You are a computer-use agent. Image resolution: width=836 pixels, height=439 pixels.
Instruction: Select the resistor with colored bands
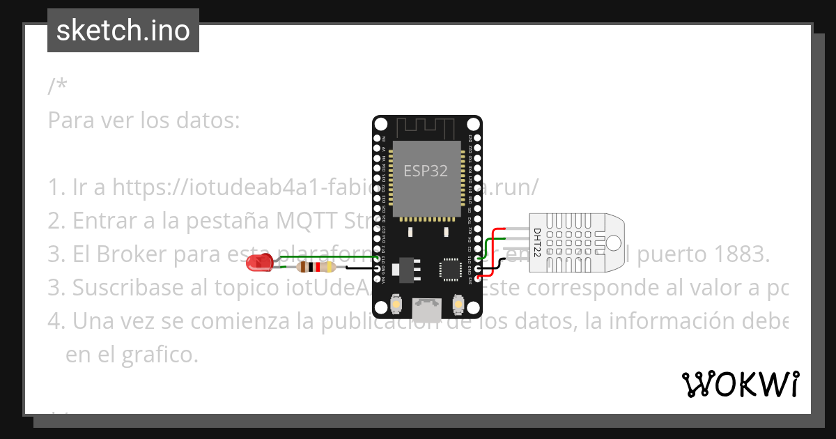313,266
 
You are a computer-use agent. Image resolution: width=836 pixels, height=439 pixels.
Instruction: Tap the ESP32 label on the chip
426,171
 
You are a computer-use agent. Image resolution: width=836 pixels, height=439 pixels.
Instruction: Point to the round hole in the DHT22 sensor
613,242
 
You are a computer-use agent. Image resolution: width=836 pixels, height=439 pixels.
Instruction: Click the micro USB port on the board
426,309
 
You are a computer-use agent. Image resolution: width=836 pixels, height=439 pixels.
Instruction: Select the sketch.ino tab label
123,31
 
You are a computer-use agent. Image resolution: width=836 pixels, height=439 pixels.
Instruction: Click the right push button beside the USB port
458,305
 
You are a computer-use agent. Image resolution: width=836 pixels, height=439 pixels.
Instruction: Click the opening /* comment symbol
58,86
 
